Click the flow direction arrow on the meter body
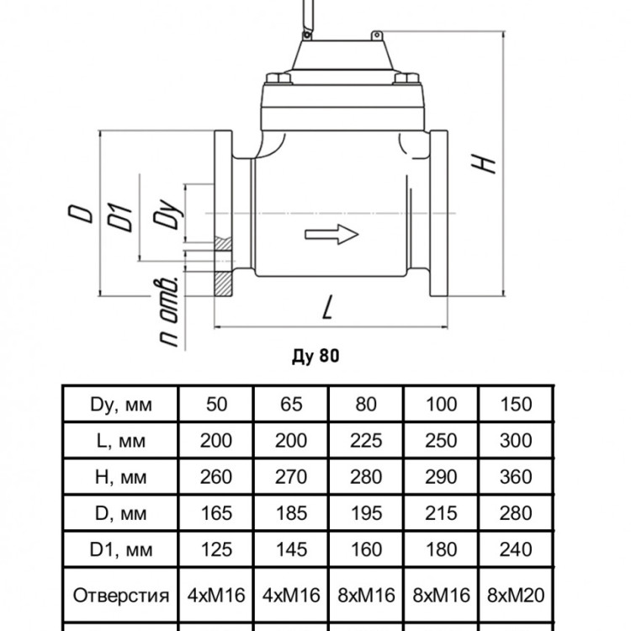tap(331, 234)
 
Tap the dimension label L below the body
tap(329, 307)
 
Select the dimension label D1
tap(120, 218)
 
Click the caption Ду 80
tap(315, 356)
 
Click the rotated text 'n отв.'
tap(167, 311)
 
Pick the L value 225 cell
tap(366, 441)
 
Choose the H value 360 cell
tap(516, 477)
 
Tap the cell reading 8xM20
tap(516, 595)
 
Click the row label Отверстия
tap(120, 595)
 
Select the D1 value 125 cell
tap(216, 549)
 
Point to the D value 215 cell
tap(441, 513)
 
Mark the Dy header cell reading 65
tap(291, 405)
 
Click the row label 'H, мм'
tap(120, 477)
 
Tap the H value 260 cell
tap(216, 477)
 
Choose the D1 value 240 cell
tap(516, 549)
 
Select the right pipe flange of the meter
tap(438, 214)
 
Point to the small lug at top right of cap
tap(376, 36)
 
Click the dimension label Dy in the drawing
tap(167, 214)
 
